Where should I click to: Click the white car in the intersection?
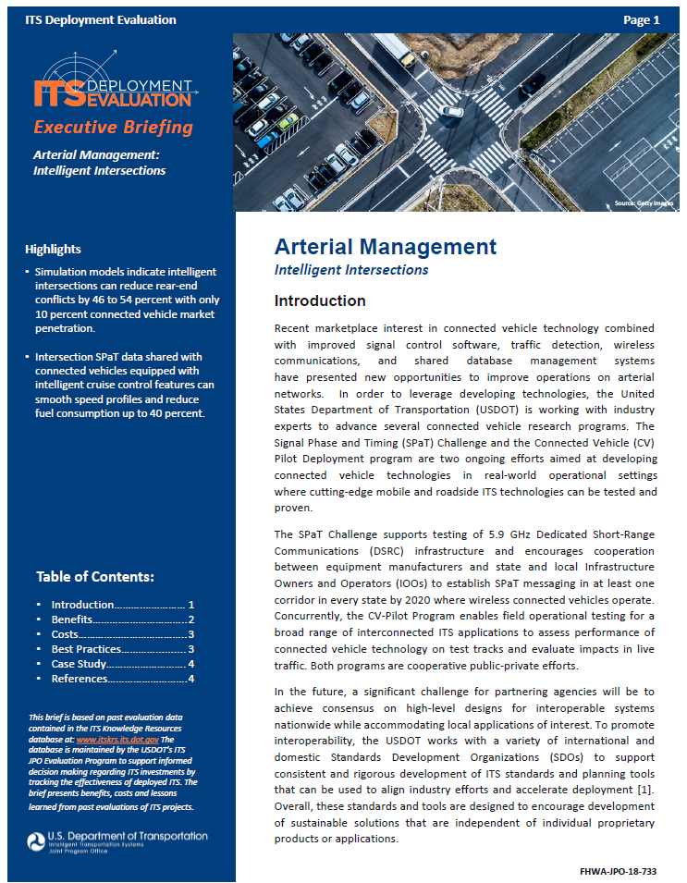coord(452,112)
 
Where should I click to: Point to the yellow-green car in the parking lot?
coord(288,120)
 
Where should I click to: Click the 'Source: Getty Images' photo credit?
coord(644,202)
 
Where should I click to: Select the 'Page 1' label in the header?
coord(642,19)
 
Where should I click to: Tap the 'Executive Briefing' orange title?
coord(113,128)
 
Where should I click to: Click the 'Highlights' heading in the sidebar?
coord(53,249)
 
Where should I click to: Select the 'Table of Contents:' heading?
coord(95,577)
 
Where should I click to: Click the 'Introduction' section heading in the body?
coord(320,300)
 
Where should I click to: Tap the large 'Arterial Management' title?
coord(385,247)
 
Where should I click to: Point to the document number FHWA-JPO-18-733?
coord(618,871)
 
